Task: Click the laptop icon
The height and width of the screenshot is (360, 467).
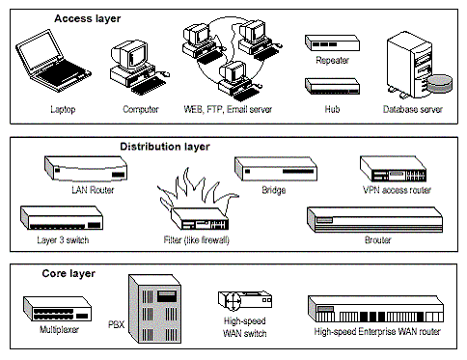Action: pyautogui.click(x=53, y=61)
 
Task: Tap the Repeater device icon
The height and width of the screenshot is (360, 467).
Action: pyautogui.click(x=332, y=43)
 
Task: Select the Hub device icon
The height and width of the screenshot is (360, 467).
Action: pyautogui.click(x=332, y=86)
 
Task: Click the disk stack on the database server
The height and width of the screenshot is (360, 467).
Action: pyautogui.click(x=439, y=84)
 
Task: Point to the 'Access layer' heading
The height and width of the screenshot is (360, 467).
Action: pyautogui.click(x=88, y=18)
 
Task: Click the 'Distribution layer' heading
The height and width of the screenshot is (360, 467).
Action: pyautogui.click(x=165, y=147)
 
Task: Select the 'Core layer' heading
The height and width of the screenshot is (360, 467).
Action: pyautogui.click(x=69, y=274)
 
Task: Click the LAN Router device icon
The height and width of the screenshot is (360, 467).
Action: pyautogui.click(x=86, y=168)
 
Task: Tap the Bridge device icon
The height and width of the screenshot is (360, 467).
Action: pyautogui.click(x=276, y=168)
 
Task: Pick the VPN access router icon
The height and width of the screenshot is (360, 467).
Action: pyautogui.click(x=393, y=169)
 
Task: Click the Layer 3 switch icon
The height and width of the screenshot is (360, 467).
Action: pyautogui.click(x=62, y=217)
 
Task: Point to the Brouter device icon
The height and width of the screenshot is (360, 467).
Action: pyautogui.click(x=374, y=219)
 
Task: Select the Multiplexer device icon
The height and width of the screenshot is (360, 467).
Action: pyautogui.click(x=57, y=309)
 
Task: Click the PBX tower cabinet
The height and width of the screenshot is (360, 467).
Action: pyautogui.click(x=154, y=309)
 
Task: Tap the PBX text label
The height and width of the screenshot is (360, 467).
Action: pyautogui.click(x=116, y=324)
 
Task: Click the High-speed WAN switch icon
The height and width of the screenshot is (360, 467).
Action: pyautogui.click(x=244, y=300)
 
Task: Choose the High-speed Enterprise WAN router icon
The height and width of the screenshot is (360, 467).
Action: pyautogui.click(x=375, y=309)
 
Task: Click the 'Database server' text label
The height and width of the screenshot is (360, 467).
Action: pyautogui.click(x=413, y=109)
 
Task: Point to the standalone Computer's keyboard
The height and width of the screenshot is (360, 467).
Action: pyautogui.click(x=149, y=85)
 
